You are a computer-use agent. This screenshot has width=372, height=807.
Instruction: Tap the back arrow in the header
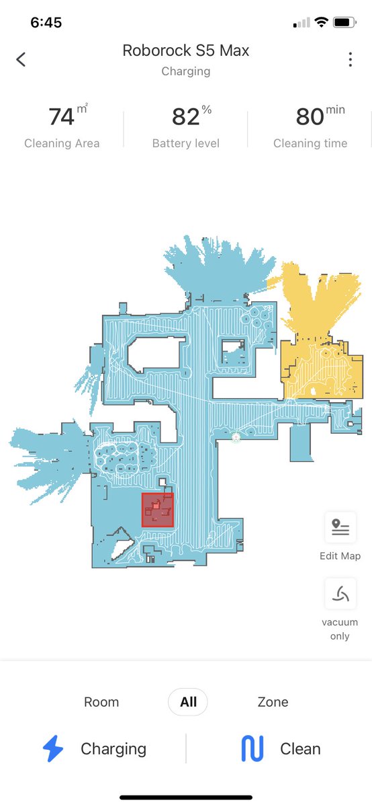[21, 59]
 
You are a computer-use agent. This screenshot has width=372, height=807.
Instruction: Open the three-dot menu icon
[350, 59]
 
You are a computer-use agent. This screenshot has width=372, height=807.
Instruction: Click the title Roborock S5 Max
[185, 50]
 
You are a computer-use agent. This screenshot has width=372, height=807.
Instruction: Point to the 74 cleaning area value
[62, 117]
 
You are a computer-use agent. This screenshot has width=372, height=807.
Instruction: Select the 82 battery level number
[185, 117]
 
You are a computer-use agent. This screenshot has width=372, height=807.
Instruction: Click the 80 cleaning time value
[310, 117]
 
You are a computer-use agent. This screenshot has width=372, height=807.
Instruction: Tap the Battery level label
[185, 143]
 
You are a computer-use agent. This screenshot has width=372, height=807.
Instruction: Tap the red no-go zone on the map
[158, 510]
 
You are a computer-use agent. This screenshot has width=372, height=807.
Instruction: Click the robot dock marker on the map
[236, 437]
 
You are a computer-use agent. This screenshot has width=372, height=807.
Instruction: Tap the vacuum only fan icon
[340, 593]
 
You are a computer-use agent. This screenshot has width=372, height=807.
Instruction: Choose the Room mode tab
[101, 702]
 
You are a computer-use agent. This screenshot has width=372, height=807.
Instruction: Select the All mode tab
[188, 702]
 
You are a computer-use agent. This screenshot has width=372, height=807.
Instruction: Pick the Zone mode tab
[273, 702]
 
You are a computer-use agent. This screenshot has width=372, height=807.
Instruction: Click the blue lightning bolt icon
[53, 748]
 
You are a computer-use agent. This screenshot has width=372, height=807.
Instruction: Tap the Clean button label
[300, 748]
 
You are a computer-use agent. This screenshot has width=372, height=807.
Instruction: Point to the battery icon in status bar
[344, 22]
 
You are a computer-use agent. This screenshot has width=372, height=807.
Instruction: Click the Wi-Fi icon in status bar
[321, 22]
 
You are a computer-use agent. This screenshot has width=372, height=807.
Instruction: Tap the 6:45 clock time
[46, 23]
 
